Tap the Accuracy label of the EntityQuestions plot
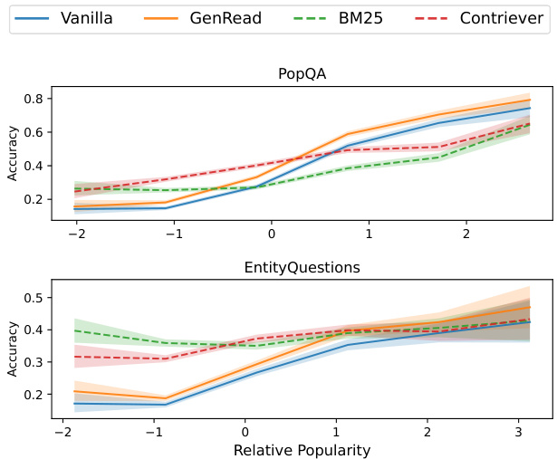[x=14, y=346]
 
